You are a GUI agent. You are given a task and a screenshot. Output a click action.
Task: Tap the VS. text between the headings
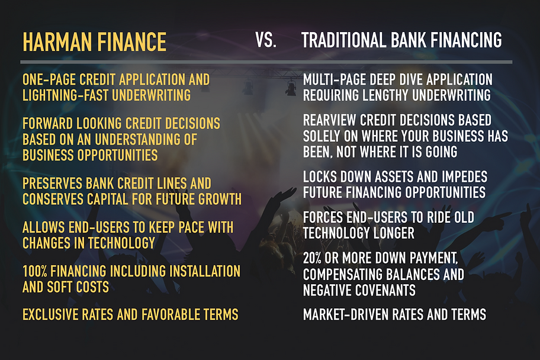[265, 40]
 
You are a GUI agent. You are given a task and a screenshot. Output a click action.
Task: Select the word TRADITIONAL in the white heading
[343, 40]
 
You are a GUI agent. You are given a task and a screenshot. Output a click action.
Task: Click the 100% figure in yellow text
[35, 271]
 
